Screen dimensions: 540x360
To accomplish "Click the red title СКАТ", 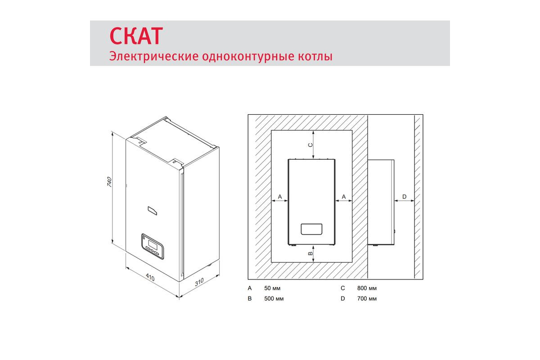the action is pos(136,36).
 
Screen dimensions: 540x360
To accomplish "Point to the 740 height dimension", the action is pos(109,182).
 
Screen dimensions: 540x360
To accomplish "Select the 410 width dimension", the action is pos(150,278).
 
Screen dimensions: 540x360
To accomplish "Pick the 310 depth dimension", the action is pos(199,282).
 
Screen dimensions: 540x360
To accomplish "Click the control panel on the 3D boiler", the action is pos(153,247).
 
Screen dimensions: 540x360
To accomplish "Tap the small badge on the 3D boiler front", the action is pos(153,211).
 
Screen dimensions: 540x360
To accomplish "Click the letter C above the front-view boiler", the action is pos(310,145).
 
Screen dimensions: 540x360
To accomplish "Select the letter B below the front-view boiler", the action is pos(310,253).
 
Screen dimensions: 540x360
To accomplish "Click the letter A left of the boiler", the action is pos(280,197).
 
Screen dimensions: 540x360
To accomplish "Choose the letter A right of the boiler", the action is pos(344,197).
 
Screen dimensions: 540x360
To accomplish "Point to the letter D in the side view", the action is pos(405,197).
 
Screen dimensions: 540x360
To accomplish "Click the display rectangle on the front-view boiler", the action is pos(311,229).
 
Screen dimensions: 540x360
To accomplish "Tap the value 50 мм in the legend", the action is pos(272,288).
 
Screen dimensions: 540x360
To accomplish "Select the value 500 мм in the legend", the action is pos(274,298).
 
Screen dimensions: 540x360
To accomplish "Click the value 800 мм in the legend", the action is pos(367,288).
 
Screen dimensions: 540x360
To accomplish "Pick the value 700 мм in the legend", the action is pos(367,298).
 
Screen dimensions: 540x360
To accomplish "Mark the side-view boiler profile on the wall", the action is pos(381,202).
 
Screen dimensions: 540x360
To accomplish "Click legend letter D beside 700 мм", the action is pos(343,298).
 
